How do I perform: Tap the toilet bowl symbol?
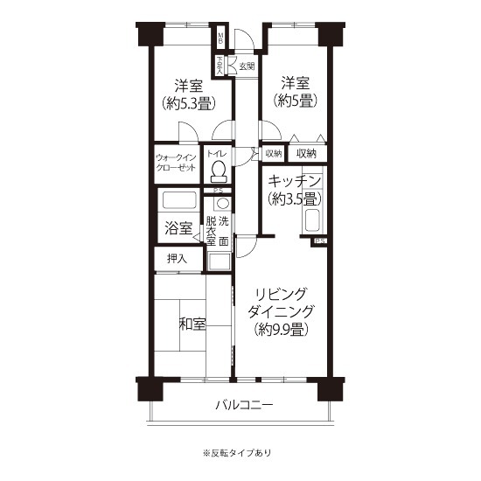219,170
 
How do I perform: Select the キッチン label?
296,179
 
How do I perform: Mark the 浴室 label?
178,229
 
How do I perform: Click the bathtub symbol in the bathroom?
178,201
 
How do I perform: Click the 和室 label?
192,324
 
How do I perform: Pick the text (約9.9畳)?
281,330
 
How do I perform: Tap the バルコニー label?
244,406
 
